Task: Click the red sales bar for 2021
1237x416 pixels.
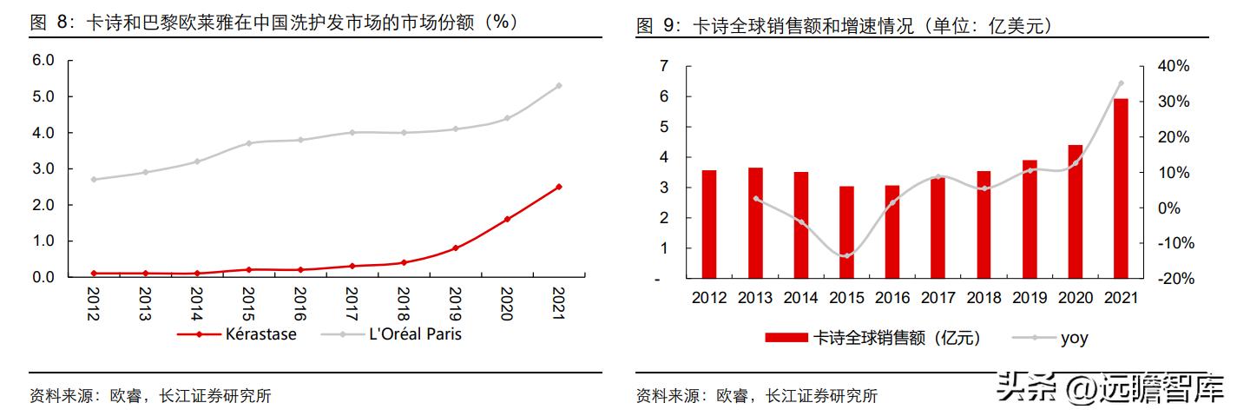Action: (1121, 188)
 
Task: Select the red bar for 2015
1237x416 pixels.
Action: (846, 232)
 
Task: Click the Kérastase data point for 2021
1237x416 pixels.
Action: (558, 187)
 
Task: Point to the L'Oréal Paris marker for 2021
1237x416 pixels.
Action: (558, 86)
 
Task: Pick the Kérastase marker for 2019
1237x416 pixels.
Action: (455, 248)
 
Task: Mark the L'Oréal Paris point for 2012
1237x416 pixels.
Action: (94, 180)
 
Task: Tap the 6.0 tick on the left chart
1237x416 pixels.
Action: (43, 61)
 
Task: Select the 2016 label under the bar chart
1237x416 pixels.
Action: (892, 298)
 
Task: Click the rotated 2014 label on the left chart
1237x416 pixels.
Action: (196, 305)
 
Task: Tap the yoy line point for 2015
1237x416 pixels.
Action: (846, 255)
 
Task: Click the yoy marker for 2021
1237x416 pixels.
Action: (1121, 83)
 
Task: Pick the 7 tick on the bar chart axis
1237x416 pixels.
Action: (664, 66)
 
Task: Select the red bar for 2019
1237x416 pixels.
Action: (1030, 219)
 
